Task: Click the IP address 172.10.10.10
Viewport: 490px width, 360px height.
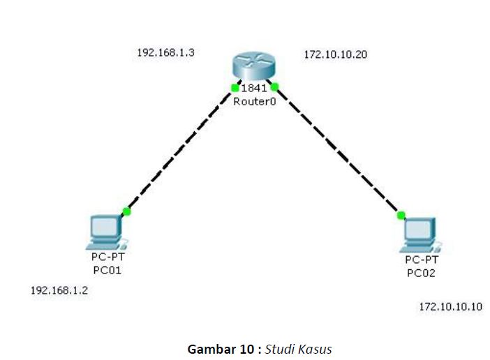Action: (x=450, y=306)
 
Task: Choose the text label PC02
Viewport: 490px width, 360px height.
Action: (x=421, y=273)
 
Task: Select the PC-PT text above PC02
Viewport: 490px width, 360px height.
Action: (x=421, y=260)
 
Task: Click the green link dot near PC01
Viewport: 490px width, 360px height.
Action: (x=126, y=211)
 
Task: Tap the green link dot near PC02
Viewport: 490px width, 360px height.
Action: (x=401, y=215)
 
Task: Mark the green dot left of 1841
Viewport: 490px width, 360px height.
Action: (x=235, y=87)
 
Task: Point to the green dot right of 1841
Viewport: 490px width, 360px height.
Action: (x=274, y=87)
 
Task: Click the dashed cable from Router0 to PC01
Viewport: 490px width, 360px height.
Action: (x=181, y=149)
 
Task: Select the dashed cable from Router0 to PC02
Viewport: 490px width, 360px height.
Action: (x=337, y=151)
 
